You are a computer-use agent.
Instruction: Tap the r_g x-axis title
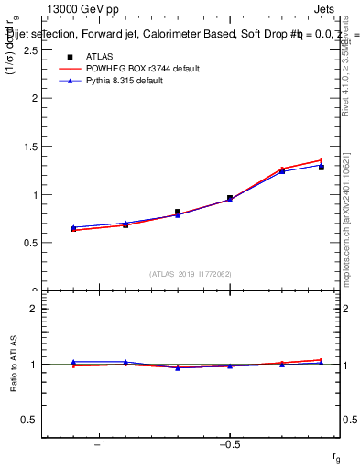(x=336, y=455)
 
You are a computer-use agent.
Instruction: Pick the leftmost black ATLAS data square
(x=73, y=228)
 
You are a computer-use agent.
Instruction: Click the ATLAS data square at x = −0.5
(x=230, y=198)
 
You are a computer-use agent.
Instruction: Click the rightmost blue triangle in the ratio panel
(x=322, y=363)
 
